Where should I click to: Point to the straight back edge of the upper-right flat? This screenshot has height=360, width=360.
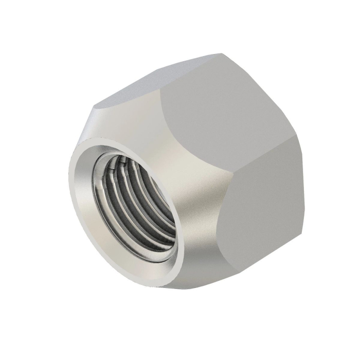[x=265, y=98]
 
